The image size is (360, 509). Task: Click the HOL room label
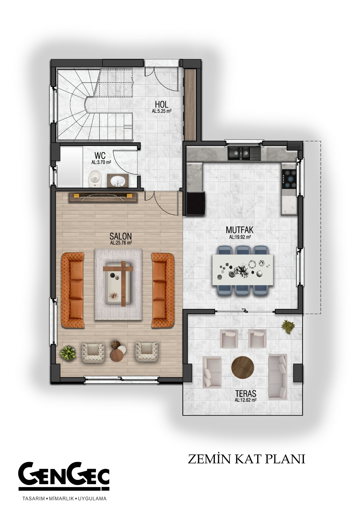(x=162, y=105)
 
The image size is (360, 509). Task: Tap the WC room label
(x=100, y=156)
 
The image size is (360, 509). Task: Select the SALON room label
(x=121, y=236)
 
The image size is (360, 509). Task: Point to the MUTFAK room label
(x=239, y=230)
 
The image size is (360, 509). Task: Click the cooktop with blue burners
(x=290, y=179)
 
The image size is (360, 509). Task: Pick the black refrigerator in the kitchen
(x=195, y=203)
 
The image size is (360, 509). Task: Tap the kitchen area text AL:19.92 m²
(x=240, y=237)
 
